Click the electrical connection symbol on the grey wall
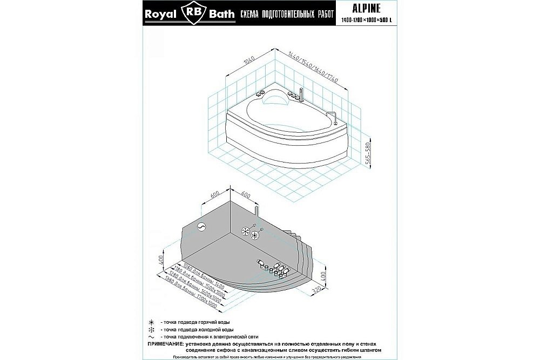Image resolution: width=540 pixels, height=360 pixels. coord(202,227)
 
